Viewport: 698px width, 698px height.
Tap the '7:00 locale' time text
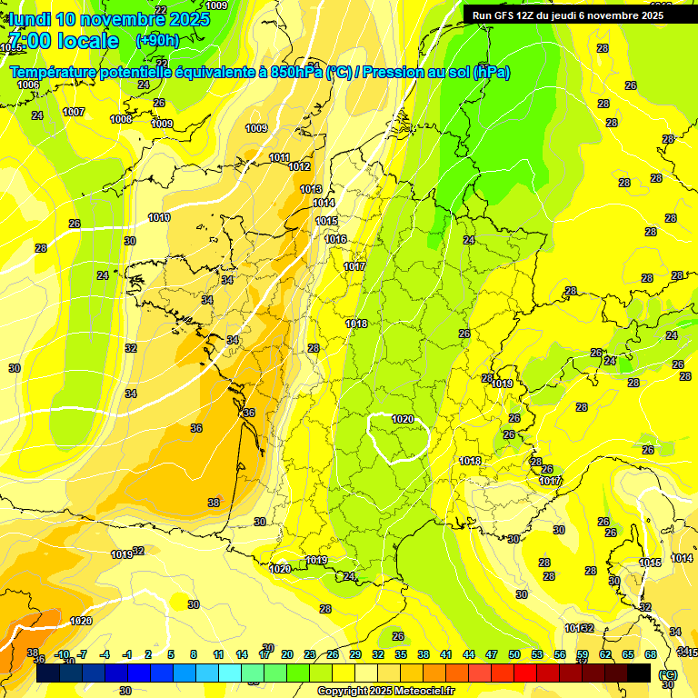(x=63, y=41)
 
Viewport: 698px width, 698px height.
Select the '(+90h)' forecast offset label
(x=156, y=41)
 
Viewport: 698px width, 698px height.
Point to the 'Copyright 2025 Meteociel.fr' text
(x=385, y=691)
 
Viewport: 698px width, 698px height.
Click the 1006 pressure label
(x=28, y=85)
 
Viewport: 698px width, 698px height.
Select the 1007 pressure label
(x=74, y=112)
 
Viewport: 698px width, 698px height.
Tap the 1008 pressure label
(x=121, y=119)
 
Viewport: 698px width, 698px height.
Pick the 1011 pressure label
(x=279, y=157)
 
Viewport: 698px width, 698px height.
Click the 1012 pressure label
(x=299, y=166)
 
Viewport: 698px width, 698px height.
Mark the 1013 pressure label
(x=311, y=189)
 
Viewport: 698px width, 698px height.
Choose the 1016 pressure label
(x=335, y=239)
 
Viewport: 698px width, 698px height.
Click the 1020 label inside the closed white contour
(x=403, y=419)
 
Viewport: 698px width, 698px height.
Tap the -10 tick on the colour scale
(x=62, y=654)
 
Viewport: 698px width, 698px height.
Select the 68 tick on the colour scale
(x=650, y=654)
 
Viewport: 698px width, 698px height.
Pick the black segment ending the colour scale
(x=639, y=673)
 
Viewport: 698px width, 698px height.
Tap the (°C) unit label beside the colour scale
(x=668, y=674)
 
